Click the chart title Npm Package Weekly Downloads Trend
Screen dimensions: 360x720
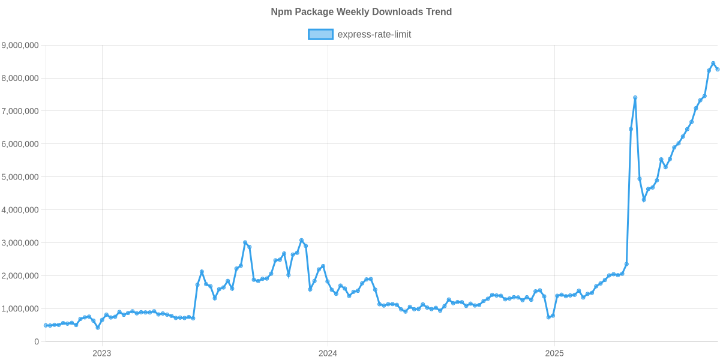tap(361, 12)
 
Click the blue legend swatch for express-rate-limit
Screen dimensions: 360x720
tap(320, 34)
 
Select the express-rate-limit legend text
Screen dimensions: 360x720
tap(374, 34)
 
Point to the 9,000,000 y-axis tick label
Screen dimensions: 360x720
tap(20, 45)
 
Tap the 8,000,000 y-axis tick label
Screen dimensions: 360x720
tap(20, 78)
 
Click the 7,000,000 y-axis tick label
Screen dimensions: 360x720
tap(20, 111)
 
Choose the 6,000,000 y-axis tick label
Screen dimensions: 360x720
tap(20, 144)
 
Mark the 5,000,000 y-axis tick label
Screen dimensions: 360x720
tap(20, 177)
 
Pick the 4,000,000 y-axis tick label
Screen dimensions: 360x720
tap(20, 210)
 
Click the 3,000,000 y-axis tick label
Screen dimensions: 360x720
tap(20, 243)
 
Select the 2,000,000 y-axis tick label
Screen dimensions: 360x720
tap(20, 276)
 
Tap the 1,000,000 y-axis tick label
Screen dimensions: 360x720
tap(20, 309)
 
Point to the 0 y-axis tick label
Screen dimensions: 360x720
tap(37, 342)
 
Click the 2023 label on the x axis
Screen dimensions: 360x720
tap(101, 353)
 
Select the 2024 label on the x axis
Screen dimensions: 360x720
tap(328, 353)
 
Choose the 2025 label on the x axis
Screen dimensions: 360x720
tap(554, 353)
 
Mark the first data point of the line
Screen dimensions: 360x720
tap(45, 325)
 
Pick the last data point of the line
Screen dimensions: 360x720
tap(718, 70)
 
